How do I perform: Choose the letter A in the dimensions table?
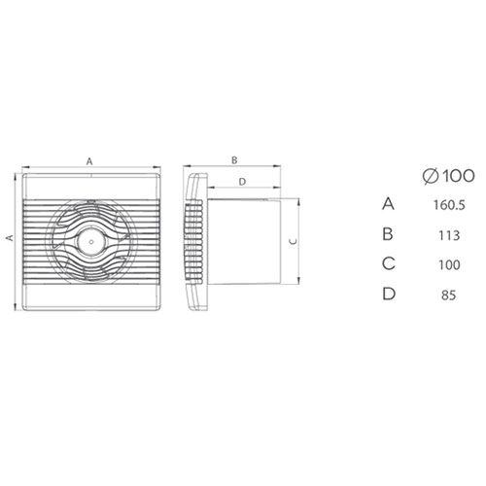click(x=390, y=204)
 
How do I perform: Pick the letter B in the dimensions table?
click(x=390, y=233)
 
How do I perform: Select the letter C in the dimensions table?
click(x=390, y=261)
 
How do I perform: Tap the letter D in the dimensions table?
click(x=390, y=290)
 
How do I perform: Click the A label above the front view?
click(x=89, y=158)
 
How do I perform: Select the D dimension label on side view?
click(x=242, y=182)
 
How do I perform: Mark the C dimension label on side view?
click(x=295, y=241)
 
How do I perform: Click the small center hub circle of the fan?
click(x=89, y=236)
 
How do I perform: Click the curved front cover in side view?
click(x=191, y=236)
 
